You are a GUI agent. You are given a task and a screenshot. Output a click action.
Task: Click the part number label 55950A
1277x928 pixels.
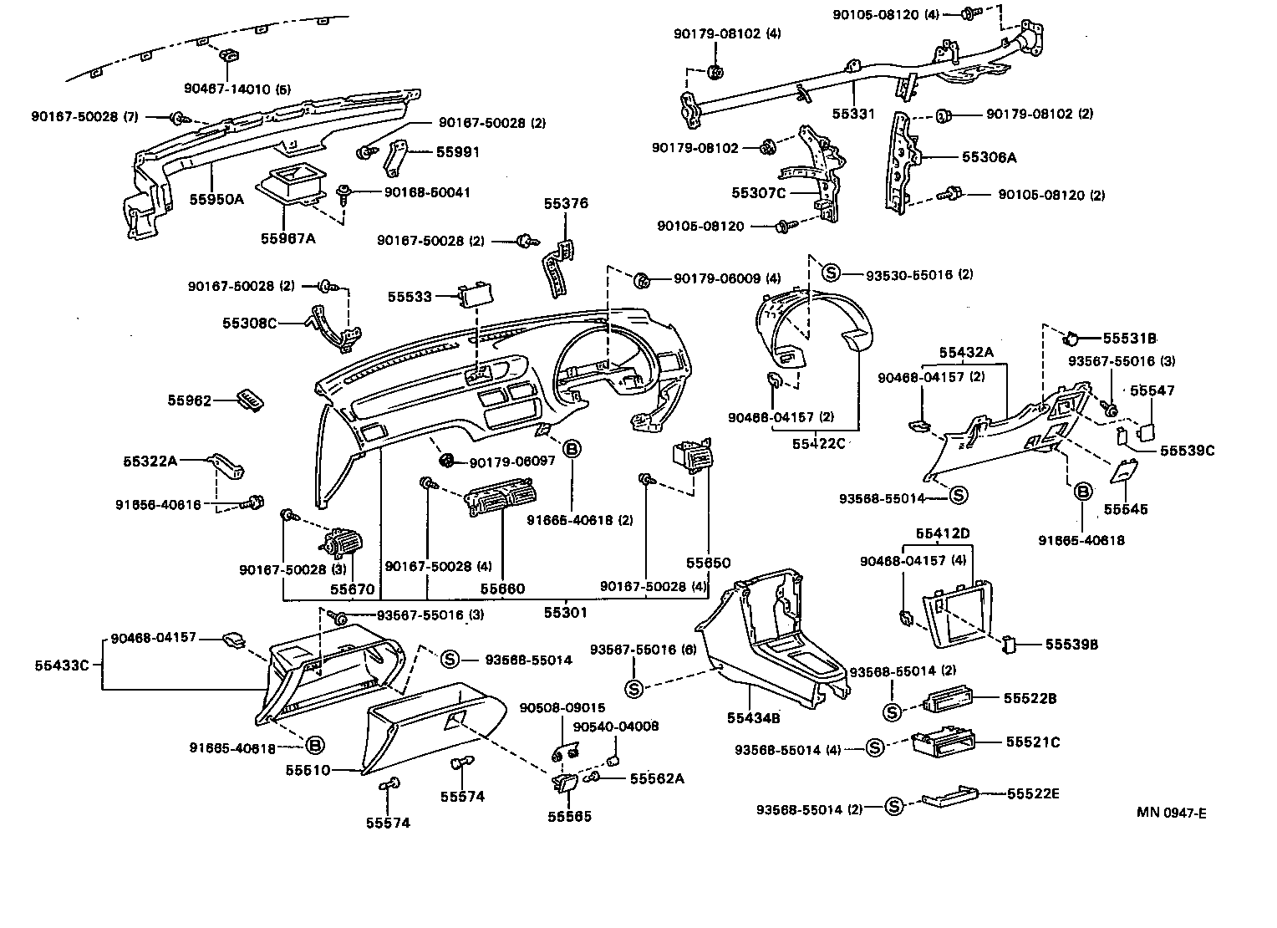pyautogui.click(x=216, y=198)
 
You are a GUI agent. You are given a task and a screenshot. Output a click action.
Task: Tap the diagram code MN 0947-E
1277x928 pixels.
pyautogui.click(x=1171, y=813)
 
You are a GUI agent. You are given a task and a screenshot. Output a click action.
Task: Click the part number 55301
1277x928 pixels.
pyautogui.click(x=566, y=612)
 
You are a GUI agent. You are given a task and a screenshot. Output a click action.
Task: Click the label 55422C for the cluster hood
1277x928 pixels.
pyautogui.click(x=818, y=443)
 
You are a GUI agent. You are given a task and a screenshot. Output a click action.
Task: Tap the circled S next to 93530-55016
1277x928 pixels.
pyautogui.click(x=830, y=273)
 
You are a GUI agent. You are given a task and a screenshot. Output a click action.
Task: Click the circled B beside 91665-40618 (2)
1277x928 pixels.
pyautogui.click(x=572, y=450)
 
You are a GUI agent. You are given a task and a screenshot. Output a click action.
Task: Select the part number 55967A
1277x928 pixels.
pyautogui.click(x=287, y=238)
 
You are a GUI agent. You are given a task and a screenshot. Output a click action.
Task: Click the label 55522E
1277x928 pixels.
pyautogui.click(x=1032, y=793)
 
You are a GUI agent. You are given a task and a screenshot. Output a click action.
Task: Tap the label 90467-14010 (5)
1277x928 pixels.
pyautogui.click(x=237, y=88)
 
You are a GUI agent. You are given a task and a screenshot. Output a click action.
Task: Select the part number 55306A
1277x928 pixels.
pyautogui.click(x=989, y=156)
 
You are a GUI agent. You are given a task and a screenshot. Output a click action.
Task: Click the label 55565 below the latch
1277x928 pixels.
pyautogui.click(x=569, y=816)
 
